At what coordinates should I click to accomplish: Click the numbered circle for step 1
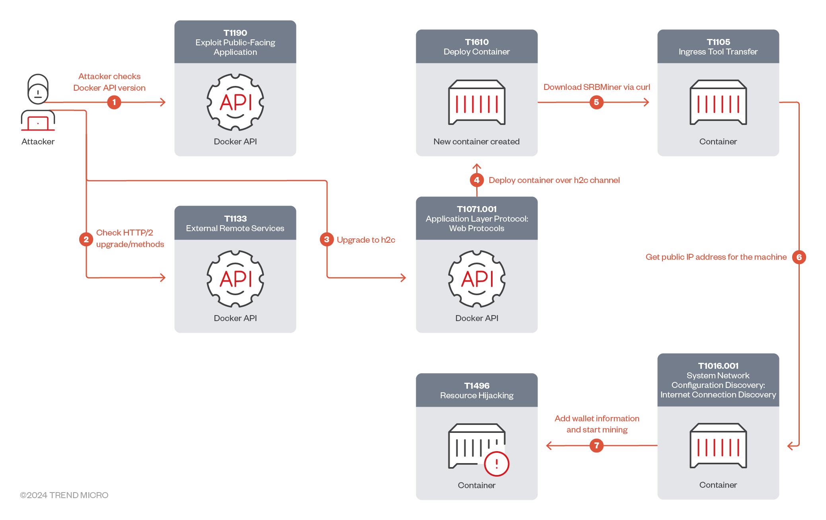click(114, 102)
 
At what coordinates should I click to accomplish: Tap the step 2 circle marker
click(86, 240)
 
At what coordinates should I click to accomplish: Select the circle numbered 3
click(327, 240)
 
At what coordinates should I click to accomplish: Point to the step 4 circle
click(477, 180)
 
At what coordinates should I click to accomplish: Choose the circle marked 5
click(596, 102)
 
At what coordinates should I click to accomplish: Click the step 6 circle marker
click(799, 257)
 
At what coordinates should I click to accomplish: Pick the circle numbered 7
click(596, 446)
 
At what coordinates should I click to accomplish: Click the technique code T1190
click(235, 33)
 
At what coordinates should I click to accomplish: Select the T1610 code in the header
click(477, 42)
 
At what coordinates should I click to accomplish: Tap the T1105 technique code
click(718, 42)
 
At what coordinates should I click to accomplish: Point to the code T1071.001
click(477, 209)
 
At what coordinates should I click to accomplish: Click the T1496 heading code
click(477, 386)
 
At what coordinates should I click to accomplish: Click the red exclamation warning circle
click(497, 464)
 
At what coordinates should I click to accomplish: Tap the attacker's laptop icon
click(38, 121)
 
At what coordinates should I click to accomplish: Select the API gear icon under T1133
click(235, 279)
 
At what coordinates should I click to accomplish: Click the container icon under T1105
click(718, 103)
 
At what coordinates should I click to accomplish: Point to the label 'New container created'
click(477, 142)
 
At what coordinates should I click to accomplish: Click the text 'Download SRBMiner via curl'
click(596, 87)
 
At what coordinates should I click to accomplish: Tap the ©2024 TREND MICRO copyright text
click(64, 495)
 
